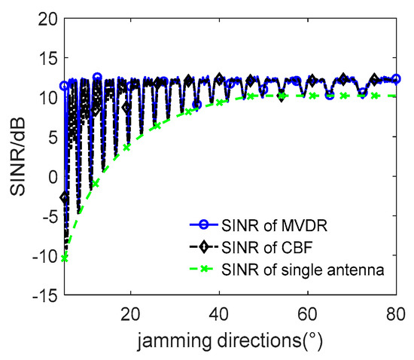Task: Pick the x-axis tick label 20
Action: tap(131, 313)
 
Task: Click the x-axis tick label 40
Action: tap(219, 313)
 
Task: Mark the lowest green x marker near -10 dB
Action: tap(65, 258)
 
